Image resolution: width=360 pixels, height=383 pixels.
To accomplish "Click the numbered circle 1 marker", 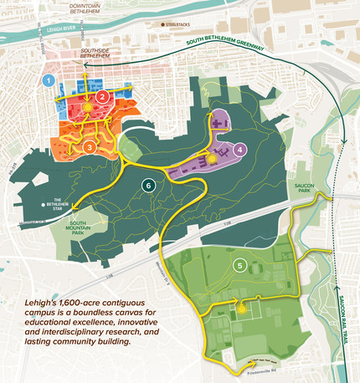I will [49, 81].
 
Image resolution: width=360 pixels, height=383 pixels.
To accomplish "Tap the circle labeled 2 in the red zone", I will [102, 97].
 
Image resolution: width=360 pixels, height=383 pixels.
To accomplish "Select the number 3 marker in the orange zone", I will [89, 147].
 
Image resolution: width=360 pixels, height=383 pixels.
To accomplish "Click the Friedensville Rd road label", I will [263, 365].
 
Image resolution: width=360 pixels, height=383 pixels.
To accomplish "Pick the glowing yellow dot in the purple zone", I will [213, 156].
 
